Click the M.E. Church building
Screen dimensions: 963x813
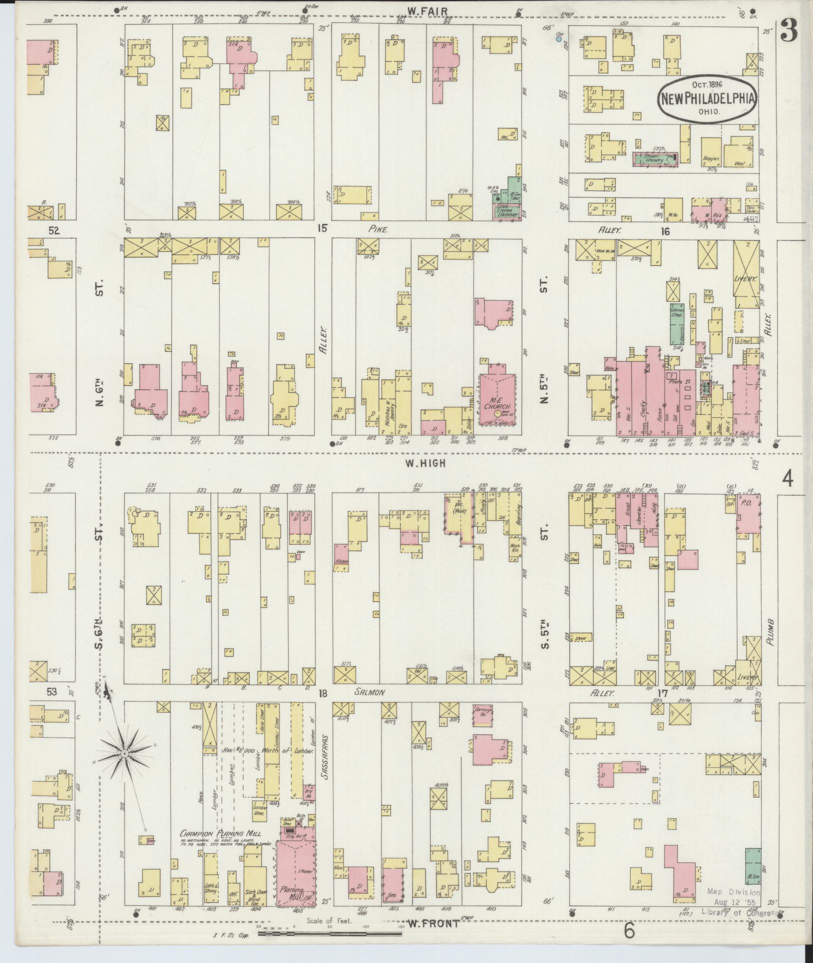(x=497, y=400)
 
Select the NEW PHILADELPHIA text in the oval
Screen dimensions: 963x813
(x=708, y=98)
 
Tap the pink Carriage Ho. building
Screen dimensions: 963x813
(x=483, y=716)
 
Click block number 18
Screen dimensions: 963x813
(x=324, y=693)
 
